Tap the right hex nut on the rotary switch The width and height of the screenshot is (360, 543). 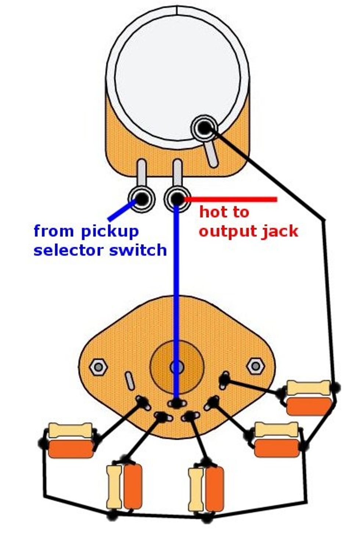(255, 366)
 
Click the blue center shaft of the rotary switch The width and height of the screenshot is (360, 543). (177, 367)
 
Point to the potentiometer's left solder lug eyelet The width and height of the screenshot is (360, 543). (142, 199)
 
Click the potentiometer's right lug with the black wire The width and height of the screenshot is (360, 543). (203, 128)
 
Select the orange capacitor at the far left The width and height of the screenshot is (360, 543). (71, 449)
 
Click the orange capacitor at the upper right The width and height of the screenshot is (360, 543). (309, 406)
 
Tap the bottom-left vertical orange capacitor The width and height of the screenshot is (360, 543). (133, 486)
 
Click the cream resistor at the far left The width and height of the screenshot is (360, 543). (71, 430)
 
